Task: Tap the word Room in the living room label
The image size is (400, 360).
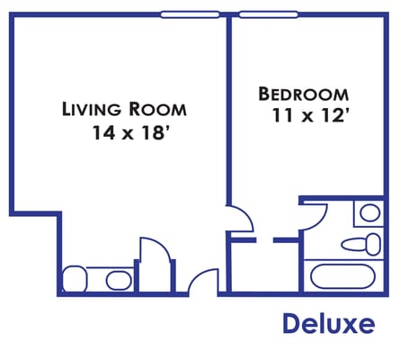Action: (x=157, y=111)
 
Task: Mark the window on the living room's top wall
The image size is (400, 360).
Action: (x=190, y=14)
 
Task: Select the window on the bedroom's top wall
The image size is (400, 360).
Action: (x=270, y=14)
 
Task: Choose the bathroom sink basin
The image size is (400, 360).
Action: (x=369, y=214)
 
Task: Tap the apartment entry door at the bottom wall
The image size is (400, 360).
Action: (x=204, y=282)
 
